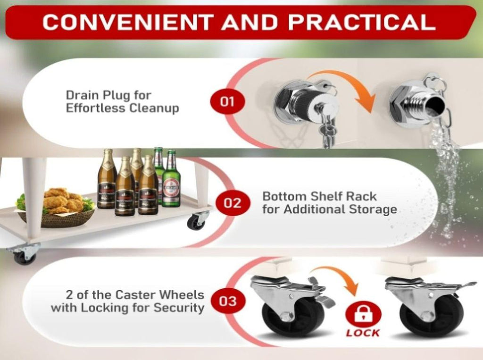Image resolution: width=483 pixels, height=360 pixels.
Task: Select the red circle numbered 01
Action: [227, 102]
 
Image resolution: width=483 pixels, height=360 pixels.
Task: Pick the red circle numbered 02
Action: [232, 203]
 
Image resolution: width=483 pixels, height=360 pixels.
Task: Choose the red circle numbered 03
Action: [228, 301]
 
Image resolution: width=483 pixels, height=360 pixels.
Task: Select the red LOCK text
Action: [363, 333]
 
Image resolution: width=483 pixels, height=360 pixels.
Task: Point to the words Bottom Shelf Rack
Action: [320, 196]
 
